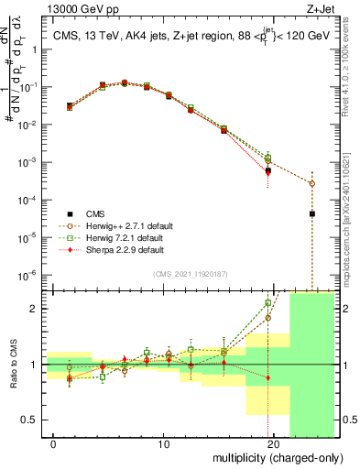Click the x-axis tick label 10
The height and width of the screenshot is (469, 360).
(x=163, y=444)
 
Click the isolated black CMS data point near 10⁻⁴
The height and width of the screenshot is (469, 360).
(x=312, y=213)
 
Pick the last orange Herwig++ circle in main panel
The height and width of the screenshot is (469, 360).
(x=312, y=183)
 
